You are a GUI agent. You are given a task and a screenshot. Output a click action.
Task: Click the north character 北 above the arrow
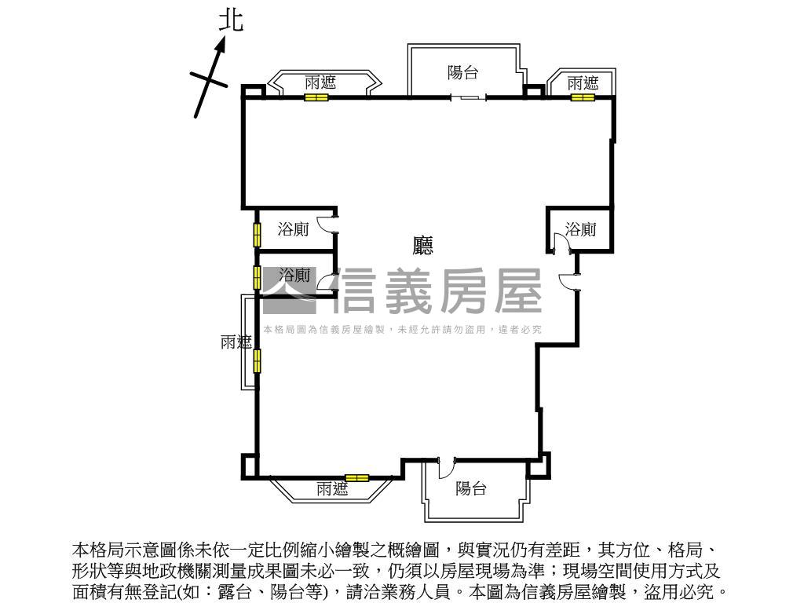(x=230, y=20)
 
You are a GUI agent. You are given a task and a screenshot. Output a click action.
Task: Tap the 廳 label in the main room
(x=423, y=246)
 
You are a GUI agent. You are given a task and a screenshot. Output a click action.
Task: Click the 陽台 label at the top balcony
(x=463, y=73)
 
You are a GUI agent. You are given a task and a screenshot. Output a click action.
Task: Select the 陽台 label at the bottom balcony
(x=471, y=488)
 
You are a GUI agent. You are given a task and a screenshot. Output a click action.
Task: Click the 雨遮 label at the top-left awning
(x=320, y=82)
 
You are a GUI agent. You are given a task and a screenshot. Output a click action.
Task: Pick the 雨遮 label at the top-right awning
(x=583, y=82)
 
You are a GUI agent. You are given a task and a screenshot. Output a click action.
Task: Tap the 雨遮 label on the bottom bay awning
(x=332, y=489)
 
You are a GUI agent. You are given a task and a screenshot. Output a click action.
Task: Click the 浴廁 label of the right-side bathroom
(x=581, y=229)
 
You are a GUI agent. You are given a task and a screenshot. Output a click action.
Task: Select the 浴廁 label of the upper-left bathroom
(x=294, y=229)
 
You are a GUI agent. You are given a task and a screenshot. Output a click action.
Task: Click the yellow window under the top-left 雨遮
(x=316, y=98)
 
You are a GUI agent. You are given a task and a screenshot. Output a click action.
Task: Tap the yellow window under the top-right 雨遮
(x=582, y=98)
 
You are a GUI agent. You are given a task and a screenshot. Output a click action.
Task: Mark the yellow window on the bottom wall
(x=357, y=477)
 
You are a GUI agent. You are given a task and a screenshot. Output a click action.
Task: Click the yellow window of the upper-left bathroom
(x=257, y=235)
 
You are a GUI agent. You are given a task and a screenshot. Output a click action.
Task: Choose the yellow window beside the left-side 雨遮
(x=257, y=360)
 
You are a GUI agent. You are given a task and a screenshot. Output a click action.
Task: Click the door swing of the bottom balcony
(x=445, y=467)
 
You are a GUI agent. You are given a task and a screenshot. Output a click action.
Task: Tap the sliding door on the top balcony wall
(x=468, y=97)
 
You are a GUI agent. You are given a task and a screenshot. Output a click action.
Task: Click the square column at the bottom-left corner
(x=248, y=466)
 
